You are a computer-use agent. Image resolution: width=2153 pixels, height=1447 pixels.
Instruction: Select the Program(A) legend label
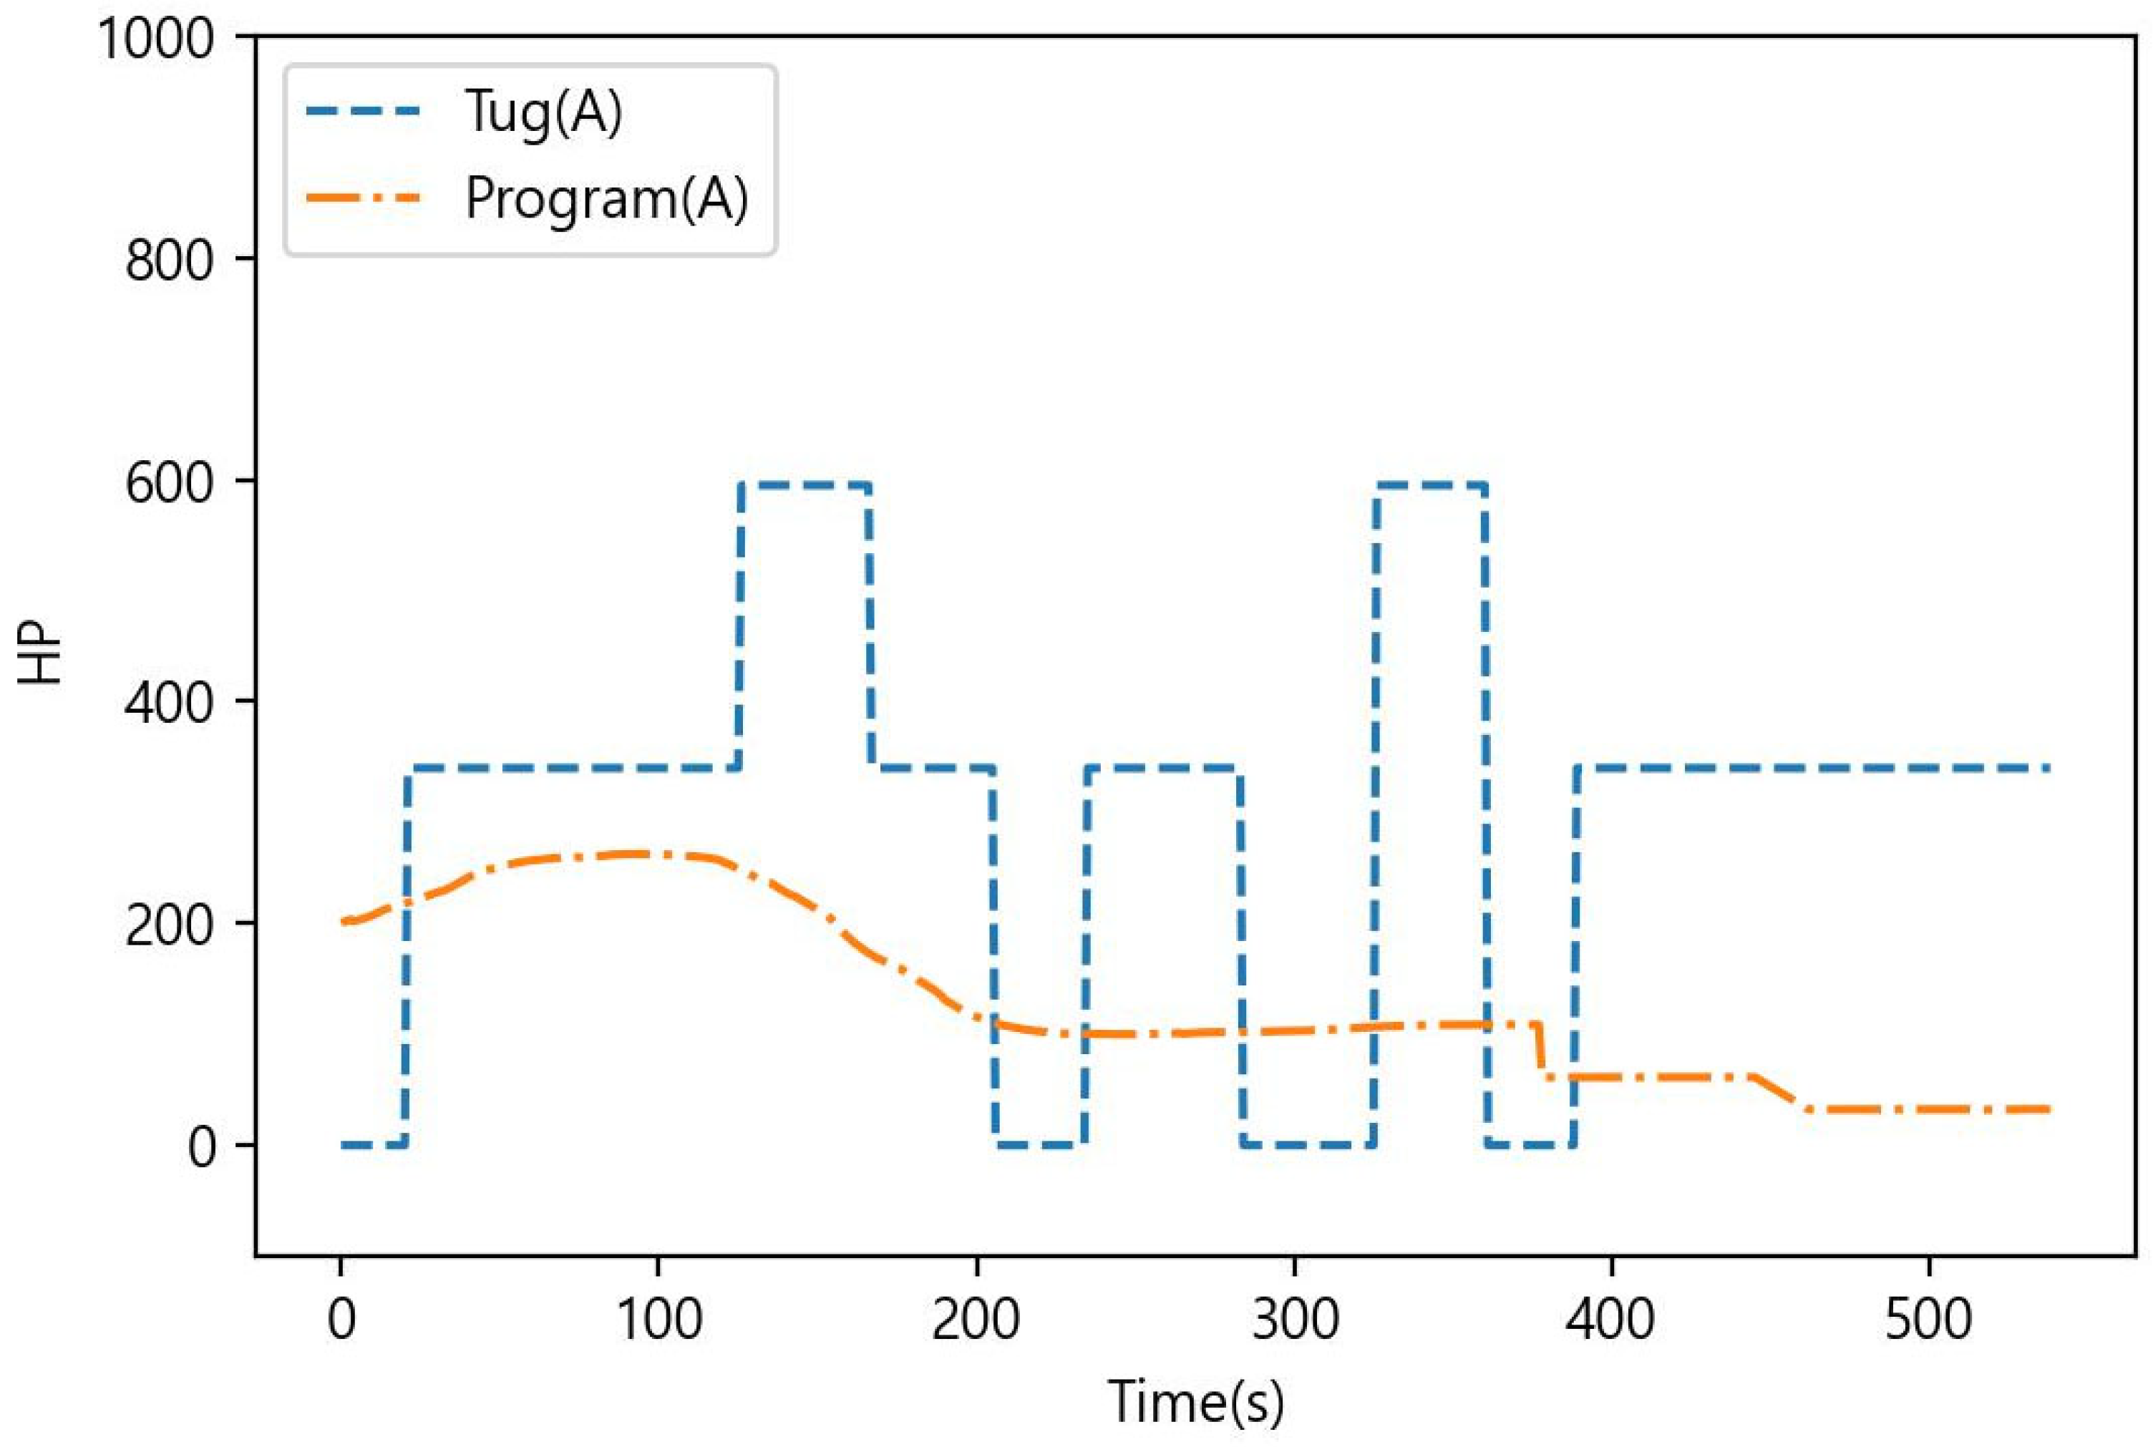point(606,198)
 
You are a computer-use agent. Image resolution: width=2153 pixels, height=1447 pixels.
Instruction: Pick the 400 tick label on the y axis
point(170,704)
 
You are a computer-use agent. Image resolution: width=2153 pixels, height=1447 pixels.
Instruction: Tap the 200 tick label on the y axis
point(170,925)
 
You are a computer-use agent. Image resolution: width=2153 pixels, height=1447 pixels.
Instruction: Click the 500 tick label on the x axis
point(1929,1320)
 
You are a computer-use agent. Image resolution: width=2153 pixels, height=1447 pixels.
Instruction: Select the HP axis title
point(41,657)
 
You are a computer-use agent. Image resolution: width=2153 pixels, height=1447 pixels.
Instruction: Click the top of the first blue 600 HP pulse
point(804,484)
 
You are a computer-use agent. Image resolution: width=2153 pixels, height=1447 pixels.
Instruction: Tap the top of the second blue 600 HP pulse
point(1429,484)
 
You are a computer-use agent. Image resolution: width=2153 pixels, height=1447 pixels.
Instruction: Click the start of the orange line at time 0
point(344,921)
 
